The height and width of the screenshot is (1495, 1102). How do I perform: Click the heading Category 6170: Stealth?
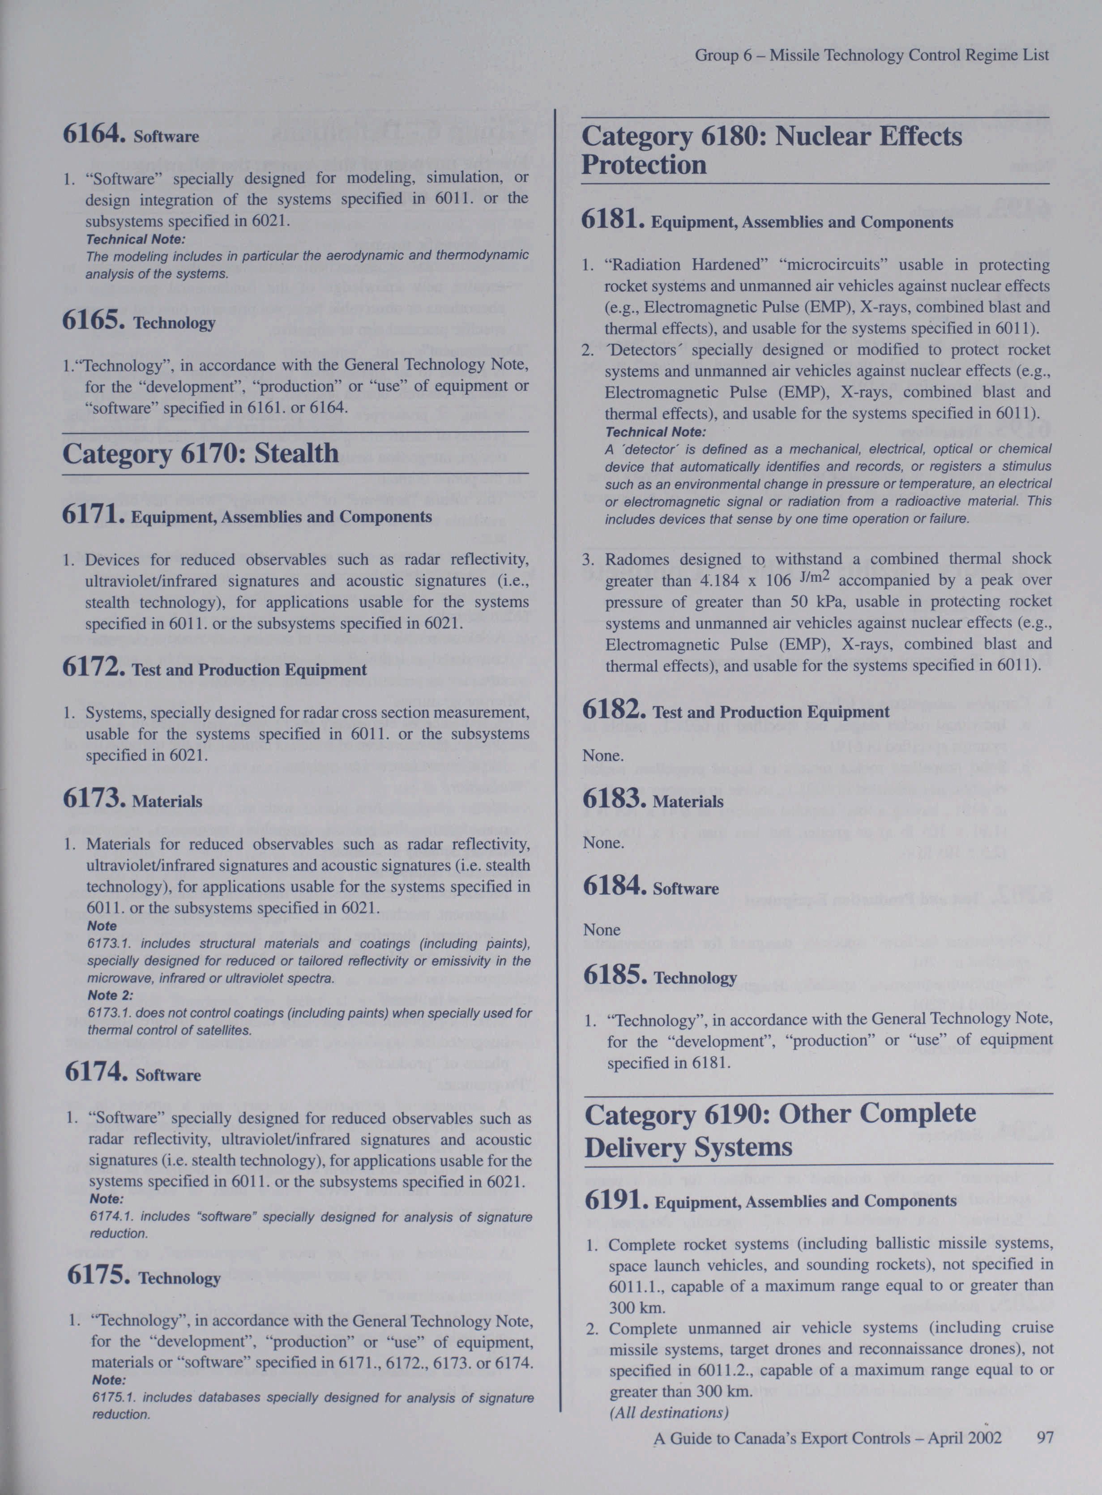click(200, 453)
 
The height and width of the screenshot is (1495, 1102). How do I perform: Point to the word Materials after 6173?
click(167, 801)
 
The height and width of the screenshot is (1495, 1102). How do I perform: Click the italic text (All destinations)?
click(668, 1412)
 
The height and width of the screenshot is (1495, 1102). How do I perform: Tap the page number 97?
click(1045, 1437)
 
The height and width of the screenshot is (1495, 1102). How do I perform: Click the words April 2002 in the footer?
click(964, 1438)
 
